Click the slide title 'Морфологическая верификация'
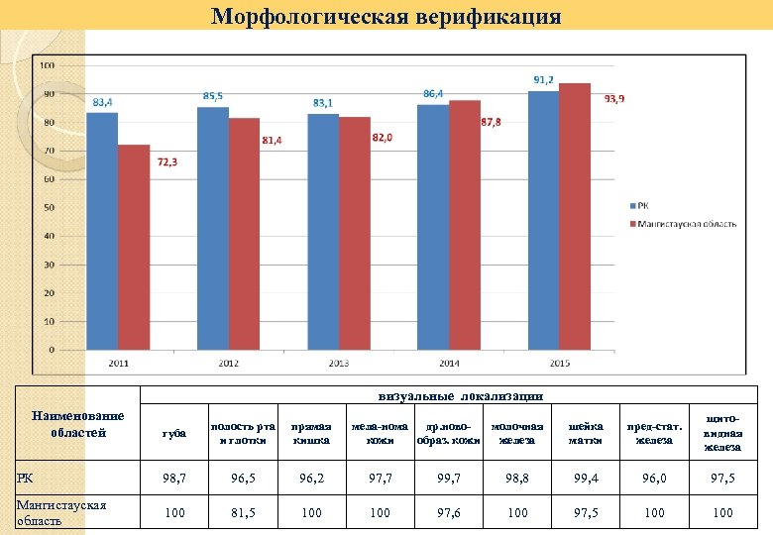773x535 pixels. pos(386,16)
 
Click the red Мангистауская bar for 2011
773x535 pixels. pos(134,247)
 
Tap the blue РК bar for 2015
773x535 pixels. pos(543,219)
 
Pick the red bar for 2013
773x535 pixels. pos(354,233)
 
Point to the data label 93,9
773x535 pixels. pos(614,99)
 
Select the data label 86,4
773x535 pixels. pos(433,93)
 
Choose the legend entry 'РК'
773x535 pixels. pos(644,205)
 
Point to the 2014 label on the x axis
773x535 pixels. pos(448,364)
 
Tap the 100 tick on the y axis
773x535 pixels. pos(47,65)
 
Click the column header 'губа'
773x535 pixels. pos(173,433)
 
